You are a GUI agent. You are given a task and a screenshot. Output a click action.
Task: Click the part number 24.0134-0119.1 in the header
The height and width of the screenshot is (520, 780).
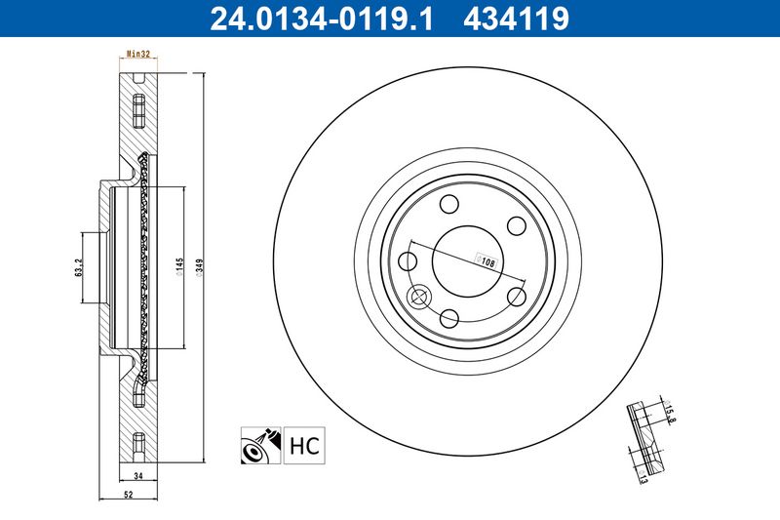[322, 19]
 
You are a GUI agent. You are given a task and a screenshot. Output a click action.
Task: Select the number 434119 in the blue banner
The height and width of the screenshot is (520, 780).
[516, 19]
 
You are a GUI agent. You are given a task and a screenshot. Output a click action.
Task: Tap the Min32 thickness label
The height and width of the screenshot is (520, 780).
[138, 54]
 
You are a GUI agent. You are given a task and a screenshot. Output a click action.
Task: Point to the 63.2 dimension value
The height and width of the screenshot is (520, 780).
[79, 267]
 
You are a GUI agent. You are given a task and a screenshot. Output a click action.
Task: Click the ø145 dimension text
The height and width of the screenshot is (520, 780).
[179, 266]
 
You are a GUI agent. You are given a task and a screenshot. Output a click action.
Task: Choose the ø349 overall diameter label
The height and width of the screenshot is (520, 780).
[199, 267]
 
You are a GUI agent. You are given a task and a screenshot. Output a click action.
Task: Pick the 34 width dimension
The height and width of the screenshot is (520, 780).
[138, 476]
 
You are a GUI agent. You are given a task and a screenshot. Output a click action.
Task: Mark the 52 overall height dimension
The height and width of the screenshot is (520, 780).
[129, 495]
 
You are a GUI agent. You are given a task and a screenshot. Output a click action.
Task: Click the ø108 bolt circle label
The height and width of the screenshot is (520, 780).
[486, 260]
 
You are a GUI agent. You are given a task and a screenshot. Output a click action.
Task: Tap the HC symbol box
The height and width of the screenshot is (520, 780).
[304, 445]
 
